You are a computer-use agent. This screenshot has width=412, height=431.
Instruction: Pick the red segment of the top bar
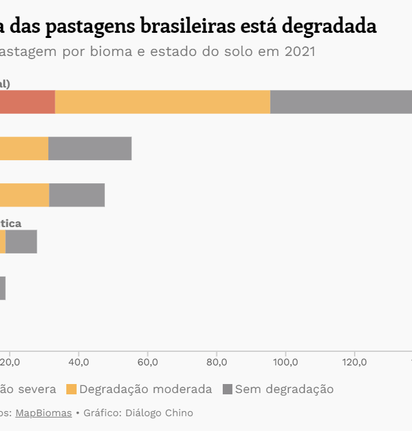click(26, 102)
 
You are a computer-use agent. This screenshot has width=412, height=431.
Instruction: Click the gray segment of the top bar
click(341, 102)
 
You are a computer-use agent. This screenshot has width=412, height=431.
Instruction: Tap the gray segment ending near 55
click(90, 149)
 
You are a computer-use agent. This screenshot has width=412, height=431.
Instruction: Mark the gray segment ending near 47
click(77, 195)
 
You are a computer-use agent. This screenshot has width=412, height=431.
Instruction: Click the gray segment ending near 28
click(21, 241)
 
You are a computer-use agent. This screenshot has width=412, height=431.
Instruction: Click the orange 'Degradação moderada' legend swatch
click(71, 389)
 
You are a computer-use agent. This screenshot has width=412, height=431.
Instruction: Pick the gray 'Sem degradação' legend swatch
click(227, 389)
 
